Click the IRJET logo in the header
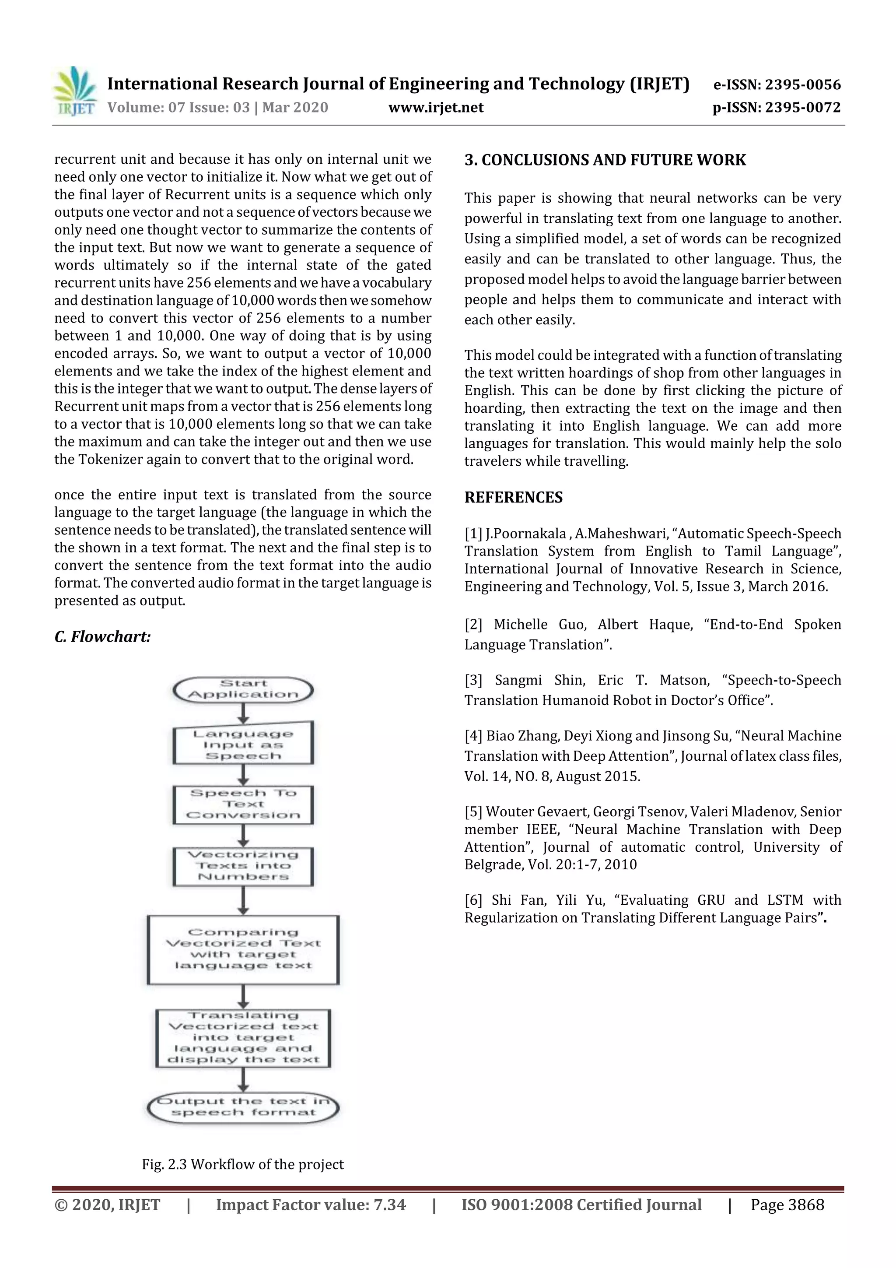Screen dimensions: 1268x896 tap(74, 91)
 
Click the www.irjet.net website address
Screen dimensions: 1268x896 tap(436, 108)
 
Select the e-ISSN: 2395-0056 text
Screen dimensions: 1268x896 tap(777, 84)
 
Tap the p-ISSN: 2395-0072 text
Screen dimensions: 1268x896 tap(776, 108)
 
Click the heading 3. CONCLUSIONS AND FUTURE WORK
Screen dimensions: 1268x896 tap(605, 160)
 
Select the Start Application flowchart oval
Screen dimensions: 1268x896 tap(243, 689)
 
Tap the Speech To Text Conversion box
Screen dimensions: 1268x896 tap(243, 804)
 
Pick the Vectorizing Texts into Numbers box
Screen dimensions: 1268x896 tap(243, 866)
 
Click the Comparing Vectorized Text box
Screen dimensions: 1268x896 tap(243, 949)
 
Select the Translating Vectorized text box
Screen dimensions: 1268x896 tap(243, 1038)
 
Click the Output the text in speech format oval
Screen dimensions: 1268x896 tap(243, 1107)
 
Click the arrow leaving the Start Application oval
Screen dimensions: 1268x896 tap(243, 713)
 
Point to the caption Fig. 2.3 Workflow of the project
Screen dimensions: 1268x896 tap(242, 1165)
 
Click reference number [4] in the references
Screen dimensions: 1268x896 tap(473, 736)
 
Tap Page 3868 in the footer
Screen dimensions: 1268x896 tap(787, 1205)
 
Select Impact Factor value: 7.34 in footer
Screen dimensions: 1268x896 tap(311, 1205)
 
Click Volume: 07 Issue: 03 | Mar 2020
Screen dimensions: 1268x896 tap(217, 108)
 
